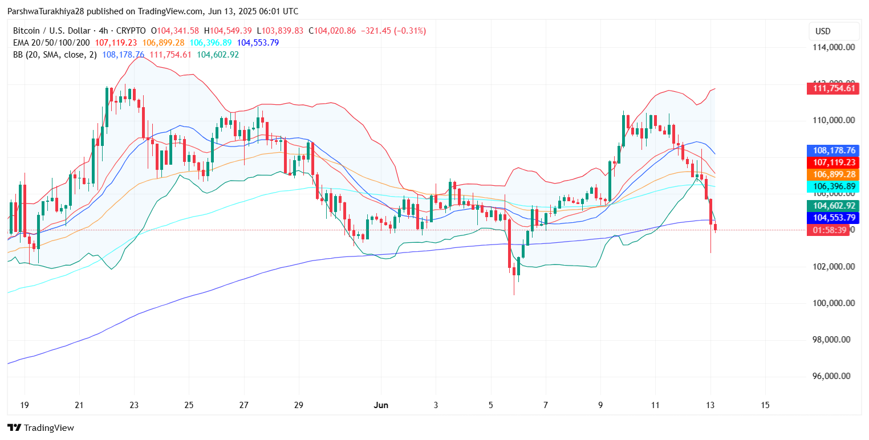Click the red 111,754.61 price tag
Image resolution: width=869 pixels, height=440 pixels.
coord(833,88)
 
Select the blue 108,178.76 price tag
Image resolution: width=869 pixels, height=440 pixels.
coord(833,150)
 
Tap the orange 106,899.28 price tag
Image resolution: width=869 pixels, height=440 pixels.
coord(833,174)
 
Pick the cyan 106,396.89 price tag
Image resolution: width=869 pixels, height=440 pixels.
coord(833,186)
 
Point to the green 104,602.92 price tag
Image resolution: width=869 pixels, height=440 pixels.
coord(833,206)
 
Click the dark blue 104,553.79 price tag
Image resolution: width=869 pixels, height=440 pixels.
coord(833,218)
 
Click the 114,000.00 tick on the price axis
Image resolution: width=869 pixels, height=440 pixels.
coord(833,47)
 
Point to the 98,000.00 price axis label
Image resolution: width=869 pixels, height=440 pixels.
coord(834,340)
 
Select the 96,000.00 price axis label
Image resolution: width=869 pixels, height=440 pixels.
coord(834,376)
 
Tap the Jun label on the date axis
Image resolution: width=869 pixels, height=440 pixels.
coord(381,405)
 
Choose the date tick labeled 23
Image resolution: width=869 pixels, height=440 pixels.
coord(134,405)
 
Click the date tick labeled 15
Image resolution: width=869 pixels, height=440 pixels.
coord(765,405)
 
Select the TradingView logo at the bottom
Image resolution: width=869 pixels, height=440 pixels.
coord(41,427)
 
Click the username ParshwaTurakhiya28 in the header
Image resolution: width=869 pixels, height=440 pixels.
coord(46,11)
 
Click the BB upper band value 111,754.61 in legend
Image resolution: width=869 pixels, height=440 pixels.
coord(170,55)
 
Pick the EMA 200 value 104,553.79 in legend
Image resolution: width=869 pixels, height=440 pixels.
coord(258,43)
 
